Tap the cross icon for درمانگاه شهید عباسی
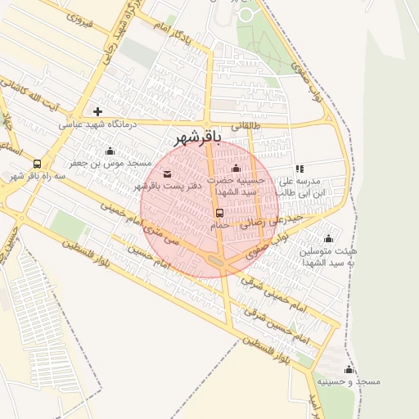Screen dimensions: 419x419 coord(98,111)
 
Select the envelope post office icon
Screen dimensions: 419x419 coord(168,173)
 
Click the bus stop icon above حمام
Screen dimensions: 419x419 coord(219,213)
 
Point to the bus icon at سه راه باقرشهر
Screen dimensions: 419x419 coord(37,164)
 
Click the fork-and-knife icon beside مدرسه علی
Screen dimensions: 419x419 coord(299,169)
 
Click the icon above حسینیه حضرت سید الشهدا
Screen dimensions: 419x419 coord(237,168)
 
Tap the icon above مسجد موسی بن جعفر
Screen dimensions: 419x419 coord(110,151)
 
